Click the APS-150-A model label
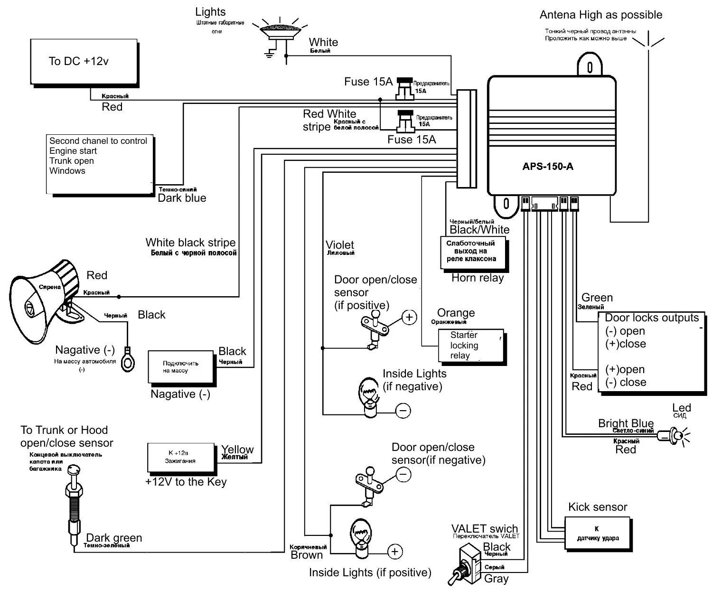547,167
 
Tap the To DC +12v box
84,62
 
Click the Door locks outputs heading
651,318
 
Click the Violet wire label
339,245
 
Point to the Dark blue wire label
182,198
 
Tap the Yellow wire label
237,450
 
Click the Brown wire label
306,555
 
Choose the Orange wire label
455,313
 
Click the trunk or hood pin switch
74,506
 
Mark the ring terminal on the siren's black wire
128,359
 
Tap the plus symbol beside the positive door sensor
409,317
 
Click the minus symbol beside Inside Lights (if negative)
403,411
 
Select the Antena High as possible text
600,15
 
